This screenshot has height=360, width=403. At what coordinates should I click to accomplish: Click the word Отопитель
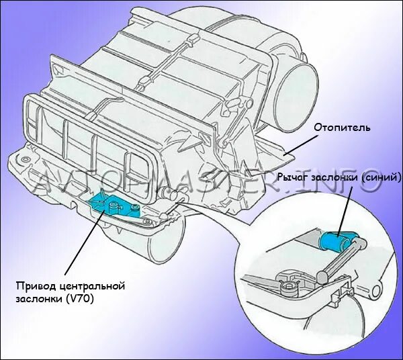pyautogui.click(x=343, y=126)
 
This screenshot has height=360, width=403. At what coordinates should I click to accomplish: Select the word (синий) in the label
pyautogui.click(x=364, y=177)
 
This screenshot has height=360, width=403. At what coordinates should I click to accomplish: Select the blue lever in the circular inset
pyautogui.click(x=339, y=240)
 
